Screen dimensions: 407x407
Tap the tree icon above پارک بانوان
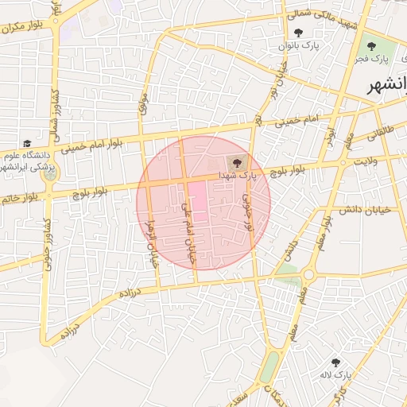(299, 33)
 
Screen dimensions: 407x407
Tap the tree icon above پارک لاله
(335, 362)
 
